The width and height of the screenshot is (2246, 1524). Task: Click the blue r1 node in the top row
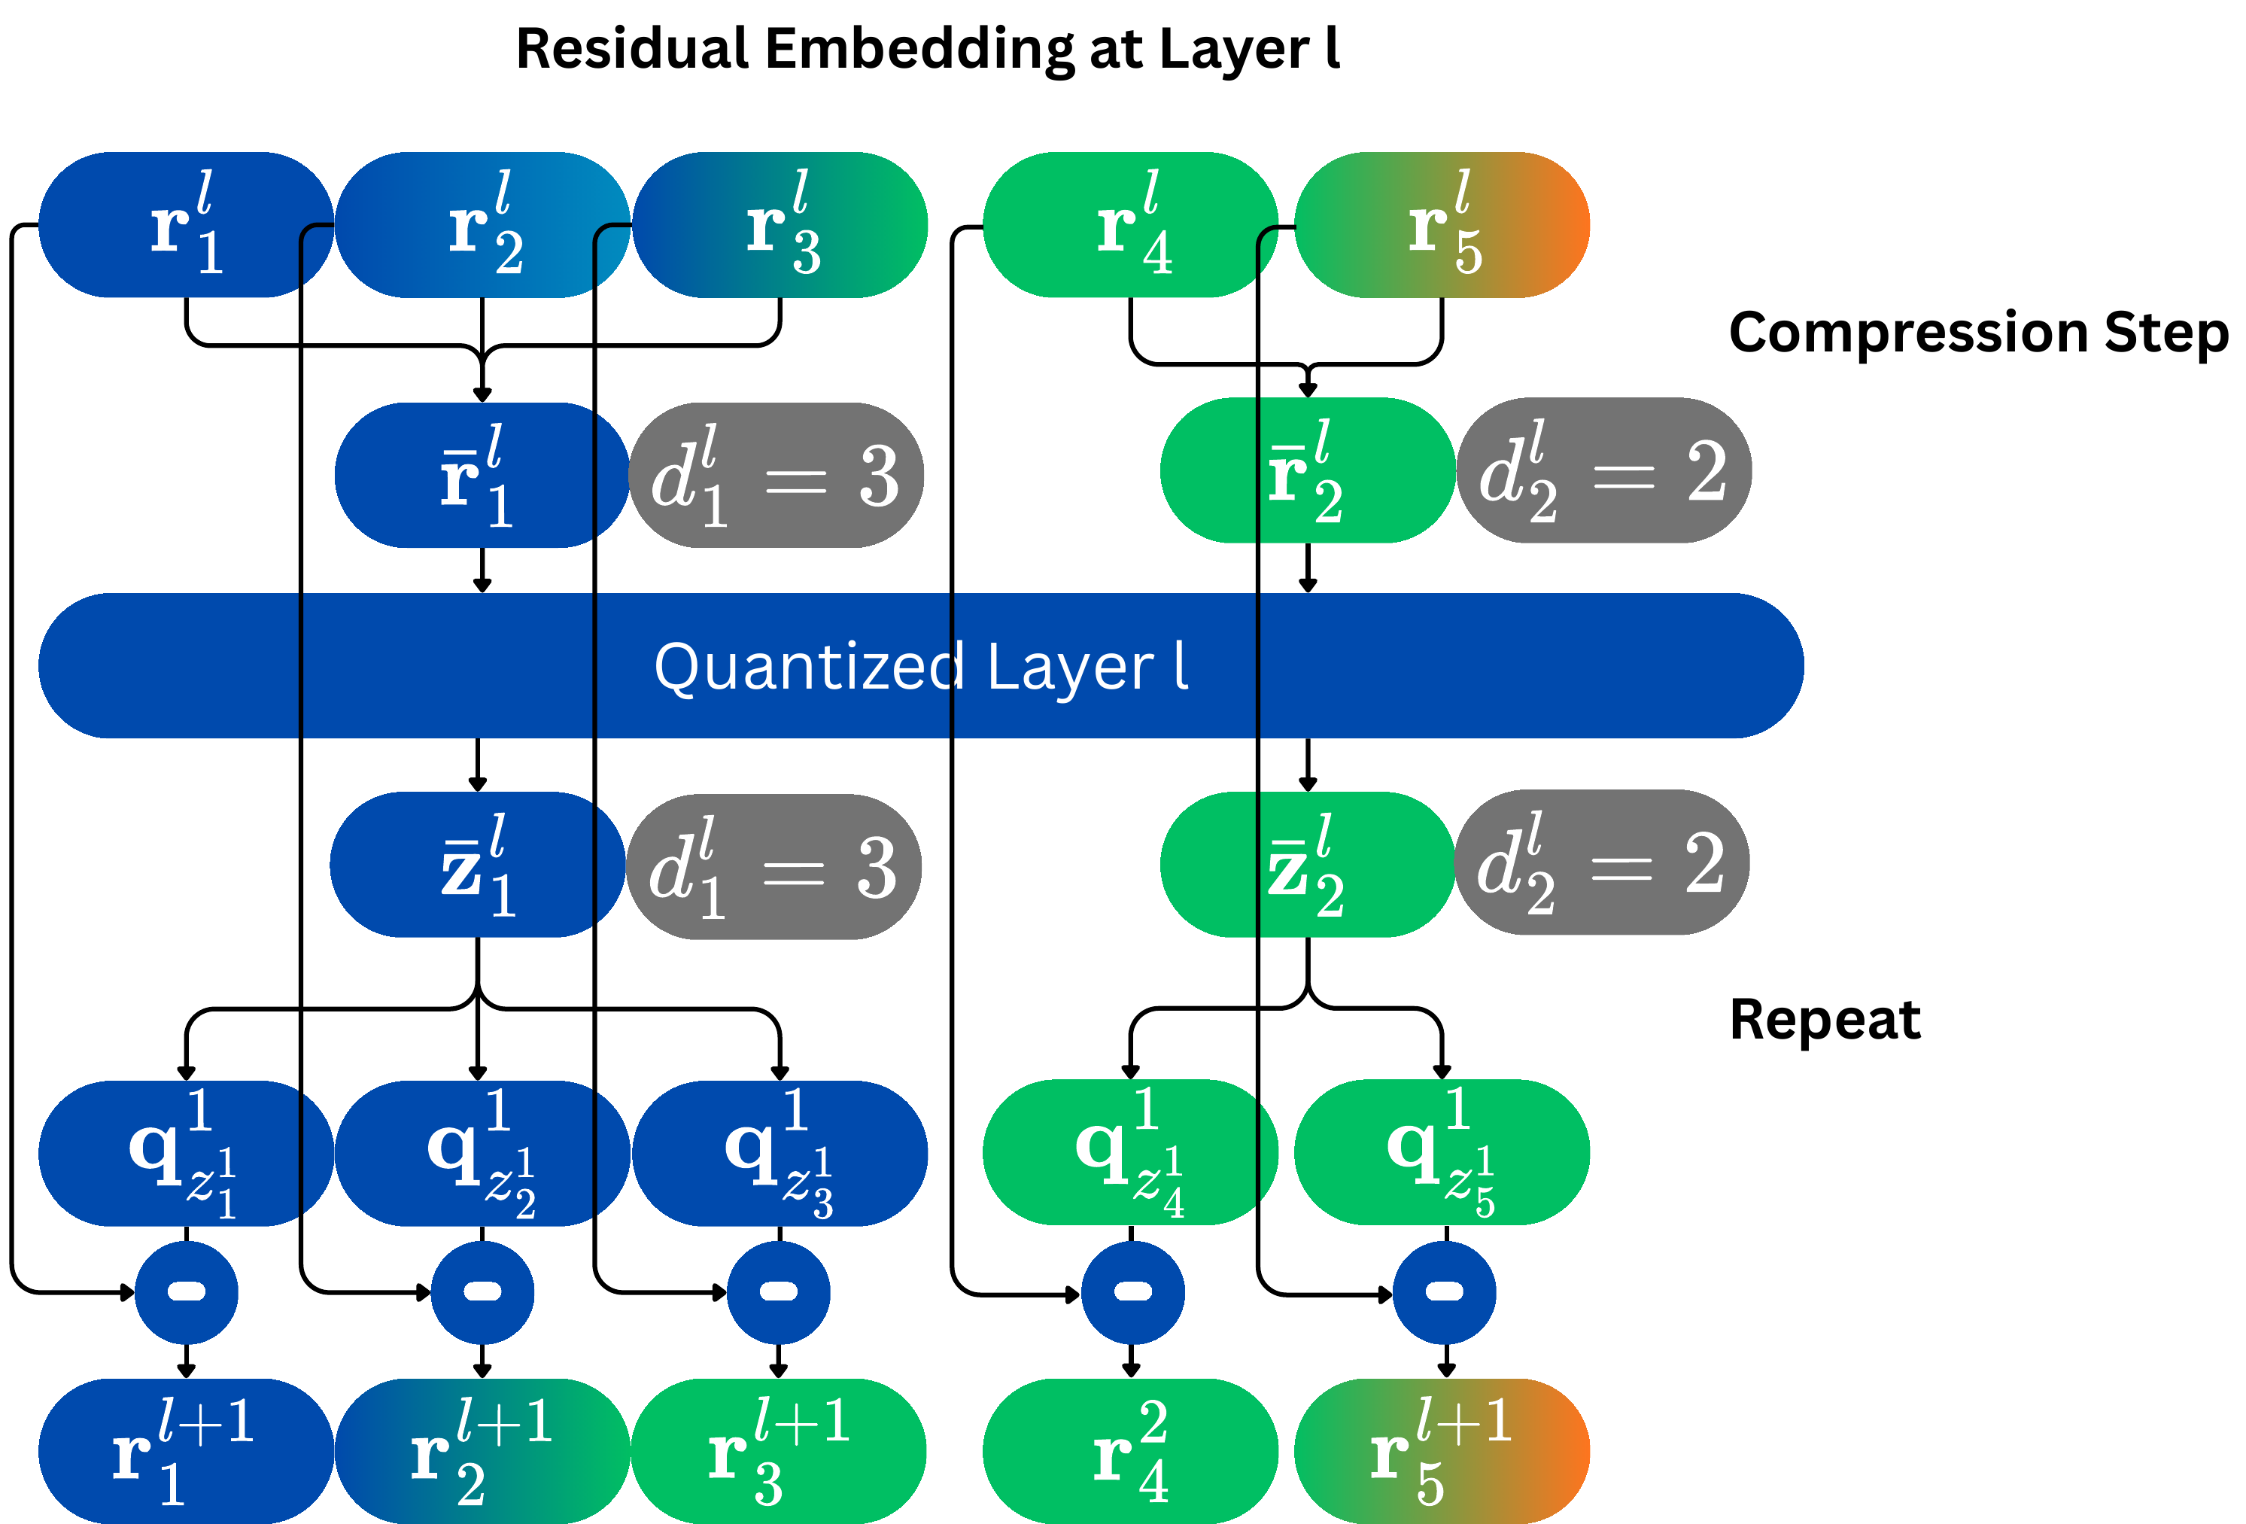(x=187, y=224)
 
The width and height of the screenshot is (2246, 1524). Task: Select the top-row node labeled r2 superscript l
(x=483, y=224)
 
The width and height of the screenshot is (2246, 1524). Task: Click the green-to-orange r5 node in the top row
(x=1442, y=224)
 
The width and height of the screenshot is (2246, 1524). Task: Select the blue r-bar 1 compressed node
(x=482, y=476)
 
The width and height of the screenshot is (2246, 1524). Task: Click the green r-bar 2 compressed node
(x=1308, y=470)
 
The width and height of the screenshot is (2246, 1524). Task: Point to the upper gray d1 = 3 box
(x=776, y=476)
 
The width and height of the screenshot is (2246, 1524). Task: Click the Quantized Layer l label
(x=921, y=667)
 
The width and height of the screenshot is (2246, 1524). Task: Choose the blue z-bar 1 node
(x=478, y=864)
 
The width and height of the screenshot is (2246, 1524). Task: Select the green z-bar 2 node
(x=1308, y=864)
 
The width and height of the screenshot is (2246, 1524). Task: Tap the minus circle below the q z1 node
(x=187, y=1292)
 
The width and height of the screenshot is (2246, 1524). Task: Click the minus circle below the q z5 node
(x=1445, y=1292)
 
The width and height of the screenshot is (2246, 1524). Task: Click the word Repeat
(x=1825, y=1021)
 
